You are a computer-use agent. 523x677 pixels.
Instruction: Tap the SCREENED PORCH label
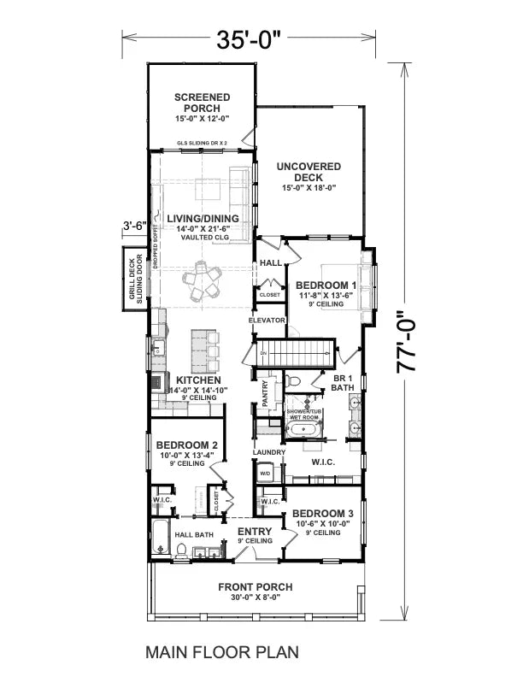point(202,103)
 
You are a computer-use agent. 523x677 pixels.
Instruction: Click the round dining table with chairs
point(203,280)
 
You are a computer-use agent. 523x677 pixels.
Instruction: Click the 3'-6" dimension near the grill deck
point(135,227)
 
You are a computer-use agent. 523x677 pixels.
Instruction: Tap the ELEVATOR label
point(266,320)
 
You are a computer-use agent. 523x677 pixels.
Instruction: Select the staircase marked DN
point(295,351)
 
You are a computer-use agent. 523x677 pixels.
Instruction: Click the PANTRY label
point(266,393)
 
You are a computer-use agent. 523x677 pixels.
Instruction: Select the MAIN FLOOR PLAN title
point(222,651)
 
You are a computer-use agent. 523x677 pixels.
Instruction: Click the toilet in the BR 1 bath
point(293,379)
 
